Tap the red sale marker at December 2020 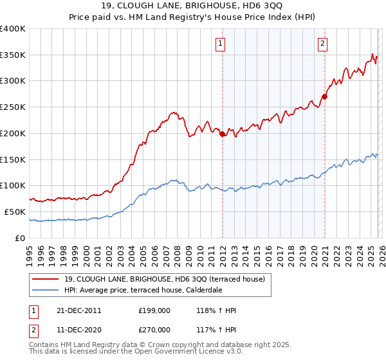tap(325, 97)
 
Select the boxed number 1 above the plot tap(220, 44)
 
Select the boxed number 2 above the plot tap(322, 44)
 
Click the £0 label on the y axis tap(21, 238)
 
